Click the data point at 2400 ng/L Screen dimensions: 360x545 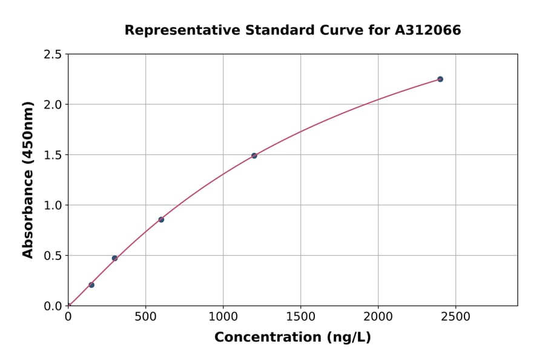(x=440, y=79)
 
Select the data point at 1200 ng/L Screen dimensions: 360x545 (x=254, y=156)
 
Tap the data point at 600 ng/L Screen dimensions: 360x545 (x=161, y=219)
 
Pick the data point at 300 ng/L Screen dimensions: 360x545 (x=114, y=258)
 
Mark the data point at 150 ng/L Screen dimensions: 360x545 (x=91, y=285)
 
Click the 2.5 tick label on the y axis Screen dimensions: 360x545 (x=53, y=55)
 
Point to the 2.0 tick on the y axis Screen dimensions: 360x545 (x=53, y=105)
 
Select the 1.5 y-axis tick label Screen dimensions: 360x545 (x=53, y=155)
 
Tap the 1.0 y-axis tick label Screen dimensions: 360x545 (x=53, y=205)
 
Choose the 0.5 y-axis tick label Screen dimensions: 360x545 (x=53, y=256)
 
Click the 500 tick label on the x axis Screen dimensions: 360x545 (x=145, y=316)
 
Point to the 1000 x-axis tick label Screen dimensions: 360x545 (x=223, y=316)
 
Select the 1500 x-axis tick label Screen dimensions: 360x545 (x=300, y=316)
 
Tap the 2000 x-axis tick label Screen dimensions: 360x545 (x=378, y=316)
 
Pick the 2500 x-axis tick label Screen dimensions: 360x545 (x=455, y=316)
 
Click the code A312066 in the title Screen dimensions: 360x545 (x=428, y=30)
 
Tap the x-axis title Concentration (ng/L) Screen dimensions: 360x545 (x=292, y=337)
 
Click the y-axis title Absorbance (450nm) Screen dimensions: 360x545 (x=28, y=179)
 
